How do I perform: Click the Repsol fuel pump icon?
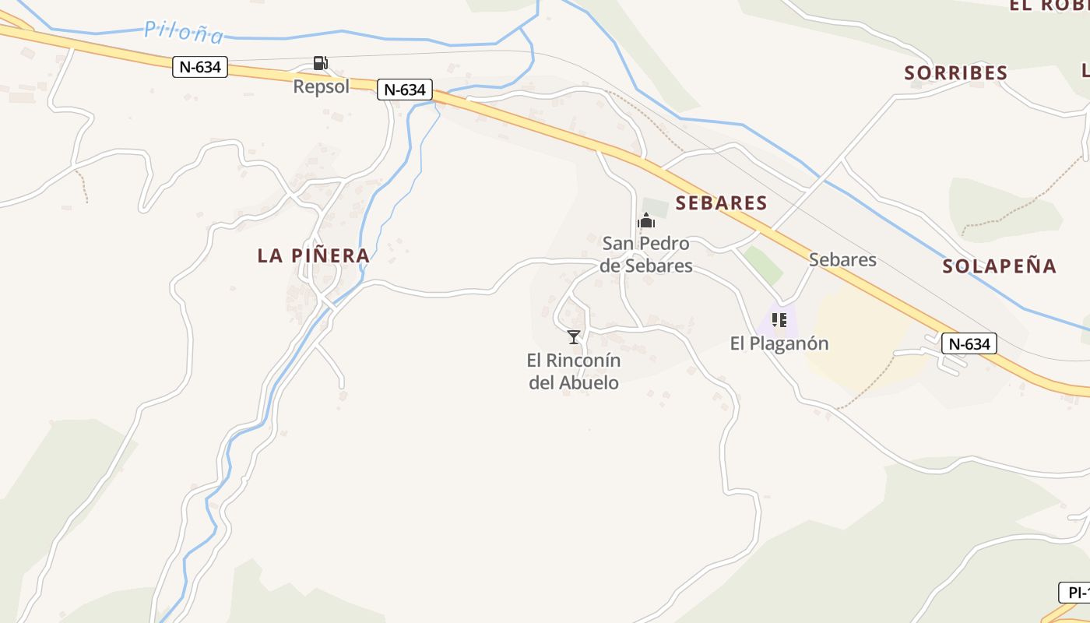pyautogui.click(x=320, y=63)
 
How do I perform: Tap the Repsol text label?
pyautogui.click(x=321, y=86)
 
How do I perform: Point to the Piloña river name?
pyautogui.click(x=184, y=33)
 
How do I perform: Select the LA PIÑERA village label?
pyautogui.click(x=313, y=255)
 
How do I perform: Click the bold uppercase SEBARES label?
pyautogui.click(x=721, y=203)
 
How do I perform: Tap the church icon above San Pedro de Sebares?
pyautogui.click(x=645, y=221)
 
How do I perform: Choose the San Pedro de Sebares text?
pyautogui.click(x=645, y=255)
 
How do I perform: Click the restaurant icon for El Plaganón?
pyautogui.click(x=779, y=320)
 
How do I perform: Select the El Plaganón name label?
pyautogui.click(x=779, y=343)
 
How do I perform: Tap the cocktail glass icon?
pyautogui.click(x=574, y=337)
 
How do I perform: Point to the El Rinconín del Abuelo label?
pyautogui.click(x=574, y=371)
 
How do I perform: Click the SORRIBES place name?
pyautogui.click(x=955, y=73)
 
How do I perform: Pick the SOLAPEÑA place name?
pyautogui.click(x=999, y=266)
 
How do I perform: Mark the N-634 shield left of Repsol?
pyautogui.click(x=199, y=67)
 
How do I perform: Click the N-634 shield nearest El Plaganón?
pyautogui.click(x=969, y=343)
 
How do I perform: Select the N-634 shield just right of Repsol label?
pyautogui.click(x=404, y=90)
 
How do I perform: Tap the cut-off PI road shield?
pyautogui.click(x=1075, y=593)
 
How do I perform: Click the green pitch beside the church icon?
pyautogui.click(x=656, y=208)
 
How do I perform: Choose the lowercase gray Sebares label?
pyautogui.click(x=842, y=259)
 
